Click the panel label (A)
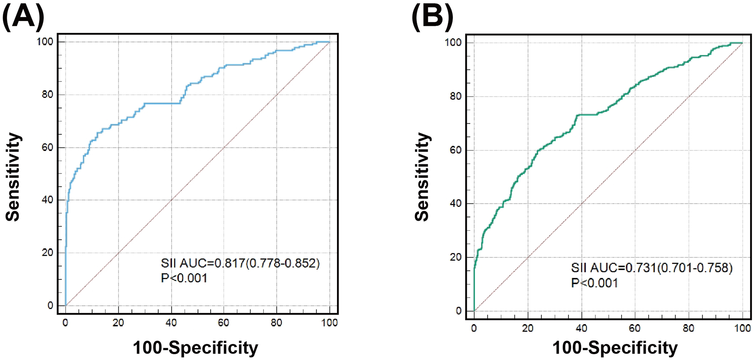23,17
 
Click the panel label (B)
432,17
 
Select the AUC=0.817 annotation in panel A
240,263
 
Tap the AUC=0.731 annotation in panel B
651,268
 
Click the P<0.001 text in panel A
184,278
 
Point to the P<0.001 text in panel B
594,283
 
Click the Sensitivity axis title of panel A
13,177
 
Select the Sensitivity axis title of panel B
422,177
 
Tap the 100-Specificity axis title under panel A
195,348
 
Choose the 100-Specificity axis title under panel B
615,348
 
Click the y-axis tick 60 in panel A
47,148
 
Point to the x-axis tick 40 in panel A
171,323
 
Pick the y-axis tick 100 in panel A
45,42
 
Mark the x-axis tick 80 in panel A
277,323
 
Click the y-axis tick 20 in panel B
456,257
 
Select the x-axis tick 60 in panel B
635,328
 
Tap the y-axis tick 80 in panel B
456,96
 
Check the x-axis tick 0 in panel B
474,328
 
